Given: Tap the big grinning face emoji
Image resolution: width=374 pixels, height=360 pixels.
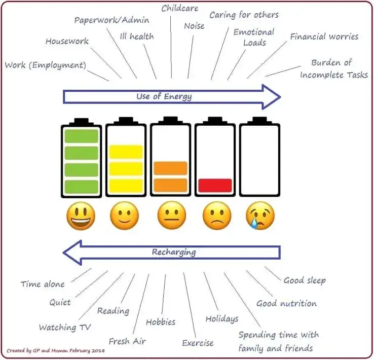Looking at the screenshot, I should click(81, 217).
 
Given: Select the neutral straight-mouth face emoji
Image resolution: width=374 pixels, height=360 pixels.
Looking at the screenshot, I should click(171, 217).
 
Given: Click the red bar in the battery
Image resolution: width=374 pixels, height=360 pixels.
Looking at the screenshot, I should click(215, 185).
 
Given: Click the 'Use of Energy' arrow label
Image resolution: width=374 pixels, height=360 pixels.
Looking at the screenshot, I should click(164, 96).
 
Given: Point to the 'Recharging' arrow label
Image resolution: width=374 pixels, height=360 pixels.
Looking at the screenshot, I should click(173, 252).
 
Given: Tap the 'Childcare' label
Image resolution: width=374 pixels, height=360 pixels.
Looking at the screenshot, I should click(180, 8).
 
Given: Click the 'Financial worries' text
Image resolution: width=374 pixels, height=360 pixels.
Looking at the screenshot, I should click(324, 37).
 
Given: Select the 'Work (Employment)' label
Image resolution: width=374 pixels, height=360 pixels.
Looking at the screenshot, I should click(45, 65).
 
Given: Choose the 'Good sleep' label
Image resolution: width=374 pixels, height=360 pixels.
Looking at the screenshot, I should click(304, 280).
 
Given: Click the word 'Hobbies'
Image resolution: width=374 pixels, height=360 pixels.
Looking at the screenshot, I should click(161, 321).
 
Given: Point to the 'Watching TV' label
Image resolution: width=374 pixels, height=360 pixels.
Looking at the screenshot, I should click(65, 328).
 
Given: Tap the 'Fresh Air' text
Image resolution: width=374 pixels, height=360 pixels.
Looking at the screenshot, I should click(127, 341).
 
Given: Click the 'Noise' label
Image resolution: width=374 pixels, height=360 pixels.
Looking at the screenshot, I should click(195, 25).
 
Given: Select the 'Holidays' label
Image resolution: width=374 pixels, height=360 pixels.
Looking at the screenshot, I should click(221, 319).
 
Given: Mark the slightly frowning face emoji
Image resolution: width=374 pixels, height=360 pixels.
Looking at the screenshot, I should click(216, 217).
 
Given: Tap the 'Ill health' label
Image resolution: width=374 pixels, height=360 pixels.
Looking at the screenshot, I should click(136, 37).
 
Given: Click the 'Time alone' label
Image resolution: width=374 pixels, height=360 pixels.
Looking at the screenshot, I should click(43, 284).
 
